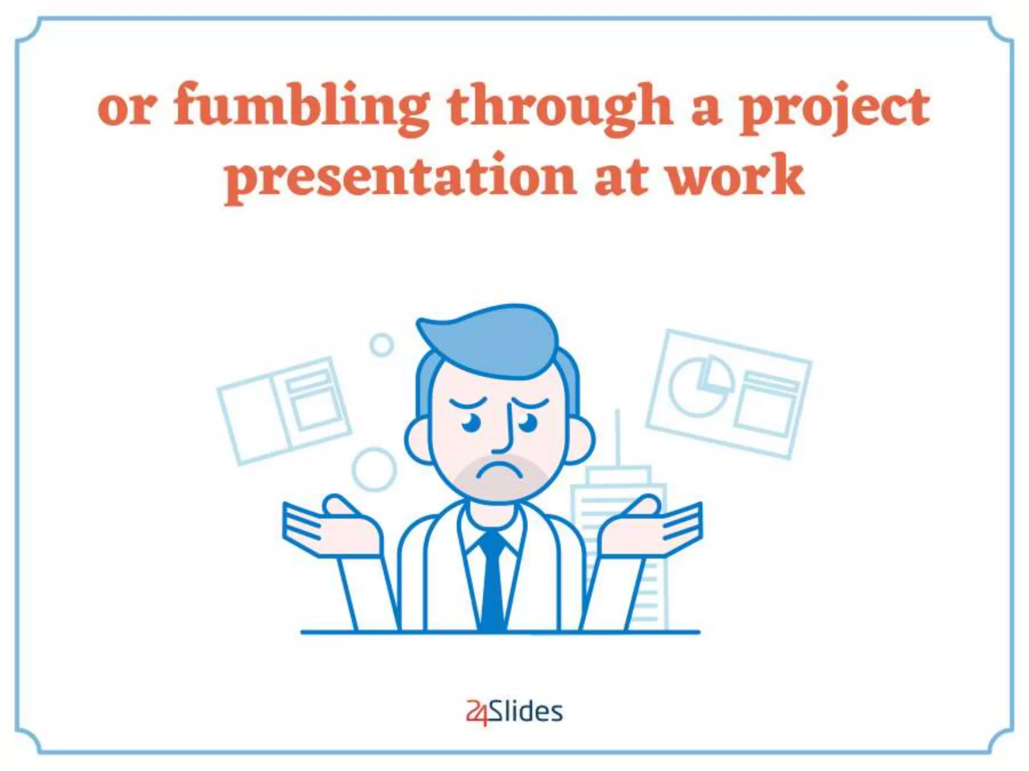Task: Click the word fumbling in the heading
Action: [301, 108]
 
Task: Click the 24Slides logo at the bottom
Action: [514, 712]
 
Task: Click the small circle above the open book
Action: [381, 345]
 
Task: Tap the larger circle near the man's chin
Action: [374, 469]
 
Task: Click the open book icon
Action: [284, 409]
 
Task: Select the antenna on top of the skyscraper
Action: [617, 437]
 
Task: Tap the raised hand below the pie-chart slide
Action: [653, 527]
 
